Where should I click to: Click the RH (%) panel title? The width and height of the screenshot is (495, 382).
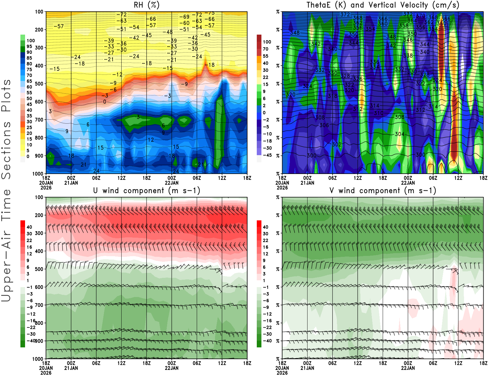(x=147, y=5)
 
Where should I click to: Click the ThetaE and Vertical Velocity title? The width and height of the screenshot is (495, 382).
(x=383, y=5)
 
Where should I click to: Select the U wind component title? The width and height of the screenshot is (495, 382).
(x=147, y=190)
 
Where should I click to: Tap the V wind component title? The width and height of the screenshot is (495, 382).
(x=383, y=190)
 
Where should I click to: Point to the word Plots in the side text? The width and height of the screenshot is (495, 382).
(x=6, y=95)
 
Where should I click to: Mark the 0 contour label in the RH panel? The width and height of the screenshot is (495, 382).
(x=105, y=102)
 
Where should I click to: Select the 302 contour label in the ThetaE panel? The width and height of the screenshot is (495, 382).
(x=337, y=144)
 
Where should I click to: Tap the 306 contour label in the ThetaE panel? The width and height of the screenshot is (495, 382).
(x=324, y=125)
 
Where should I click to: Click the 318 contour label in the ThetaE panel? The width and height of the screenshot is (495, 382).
(x=333, y=96)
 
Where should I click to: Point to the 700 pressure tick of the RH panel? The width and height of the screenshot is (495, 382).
(x=39, y=120)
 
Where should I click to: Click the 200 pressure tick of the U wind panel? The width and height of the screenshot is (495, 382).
(x=39, y=215)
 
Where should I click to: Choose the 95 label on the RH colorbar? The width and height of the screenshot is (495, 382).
(x=29, y=46)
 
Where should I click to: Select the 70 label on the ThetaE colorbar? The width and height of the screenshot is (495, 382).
(x=265, y=49)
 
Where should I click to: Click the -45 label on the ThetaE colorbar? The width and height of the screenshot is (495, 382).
(x=267, y=155)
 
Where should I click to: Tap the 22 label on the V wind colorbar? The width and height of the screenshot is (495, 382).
(x=265, y=240)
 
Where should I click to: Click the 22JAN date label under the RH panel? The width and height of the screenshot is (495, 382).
(x=171, y=183)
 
